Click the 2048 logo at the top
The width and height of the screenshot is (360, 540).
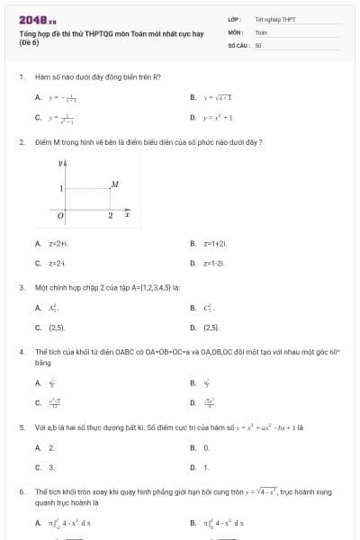click(x=37, y=19)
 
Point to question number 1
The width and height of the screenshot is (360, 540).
click(x=21, y=77)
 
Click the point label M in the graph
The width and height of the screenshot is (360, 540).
click(x=114, y=184)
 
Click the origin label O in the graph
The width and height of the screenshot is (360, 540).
click(x=60, y=217)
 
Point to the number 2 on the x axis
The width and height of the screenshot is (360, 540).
click(x=111, y=217)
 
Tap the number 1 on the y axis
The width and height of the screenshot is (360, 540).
click(x=60, y=189)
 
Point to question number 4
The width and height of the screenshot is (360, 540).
click(x=21, y=352)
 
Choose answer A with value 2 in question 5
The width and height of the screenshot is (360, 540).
click(x=50, y=447)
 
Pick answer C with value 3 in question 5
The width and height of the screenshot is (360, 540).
click(x=50, y=467)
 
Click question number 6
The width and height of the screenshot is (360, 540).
click(x=21, y=492)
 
